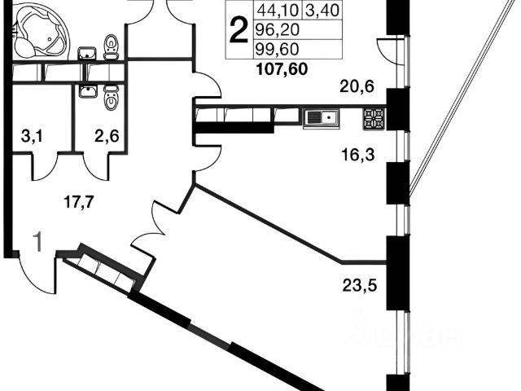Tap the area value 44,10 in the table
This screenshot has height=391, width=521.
click(x=277, y=12)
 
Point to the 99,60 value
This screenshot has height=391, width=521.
click(x=276, y=51)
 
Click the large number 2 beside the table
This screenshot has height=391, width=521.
click(x=239, y=32)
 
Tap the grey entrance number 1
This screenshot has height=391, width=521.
click(x=37, y=240)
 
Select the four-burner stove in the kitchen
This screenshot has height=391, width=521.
click(x=373, y=118)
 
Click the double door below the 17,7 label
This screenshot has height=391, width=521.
click(x=152, y=229)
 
